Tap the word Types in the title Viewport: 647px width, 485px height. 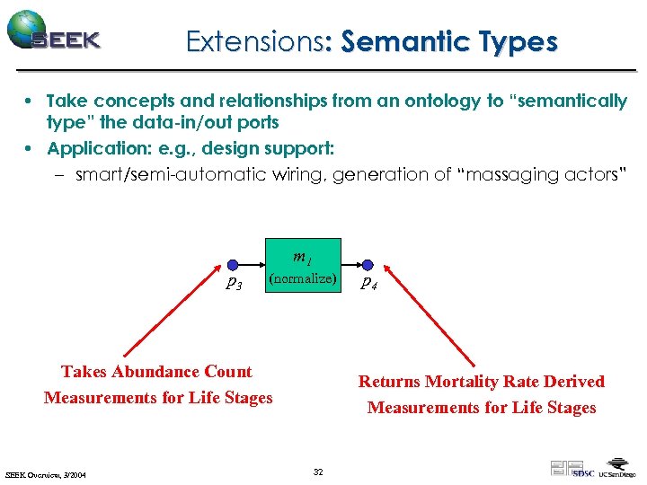click(519, 41)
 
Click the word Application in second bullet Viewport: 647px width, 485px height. click(93, 147)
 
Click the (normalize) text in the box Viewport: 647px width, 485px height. click(303, 278)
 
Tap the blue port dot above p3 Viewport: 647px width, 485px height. click(232, 265)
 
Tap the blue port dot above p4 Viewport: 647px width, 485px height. click(368, 265)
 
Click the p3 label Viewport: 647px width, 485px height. click(233, 285)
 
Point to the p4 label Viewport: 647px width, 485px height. click(368, 285)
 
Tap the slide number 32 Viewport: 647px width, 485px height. click(318, 472)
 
